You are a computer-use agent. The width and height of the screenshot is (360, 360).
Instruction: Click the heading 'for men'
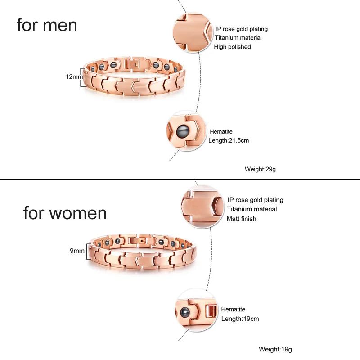click(x=47, y=25)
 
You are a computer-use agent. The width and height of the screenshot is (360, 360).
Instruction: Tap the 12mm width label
click(x=74, y=76)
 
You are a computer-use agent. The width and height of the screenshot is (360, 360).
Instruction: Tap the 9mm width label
click(x=77, y=251)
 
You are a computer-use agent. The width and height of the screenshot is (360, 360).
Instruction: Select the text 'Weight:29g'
click(x=260, y=170)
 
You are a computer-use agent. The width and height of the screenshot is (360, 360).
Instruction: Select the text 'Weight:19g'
click(x=275, y=349)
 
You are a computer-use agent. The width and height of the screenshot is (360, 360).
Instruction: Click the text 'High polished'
click(x=232, y=47)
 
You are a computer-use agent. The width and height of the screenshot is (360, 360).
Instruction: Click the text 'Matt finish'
click(x=241, y=219)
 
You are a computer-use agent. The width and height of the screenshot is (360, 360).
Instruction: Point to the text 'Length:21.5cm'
click(x=229, y=140)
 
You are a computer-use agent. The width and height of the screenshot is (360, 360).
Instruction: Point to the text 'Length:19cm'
click(x=240, y=319)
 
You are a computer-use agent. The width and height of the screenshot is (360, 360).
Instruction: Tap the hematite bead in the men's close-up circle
click(x=183, y=132)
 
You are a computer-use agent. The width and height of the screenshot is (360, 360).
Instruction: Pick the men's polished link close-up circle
click(x=193, y=32)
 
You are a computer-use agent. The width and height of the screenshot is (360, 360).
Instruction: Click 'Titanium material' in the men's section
click(x=238, y=38)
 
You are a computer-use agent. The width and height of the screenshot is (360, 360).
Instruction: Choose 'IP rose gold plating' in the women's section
click(x=255, y=200)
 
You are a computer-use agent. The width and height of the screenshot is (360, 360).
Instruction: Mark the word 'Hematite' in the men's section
click(x=221, y=131)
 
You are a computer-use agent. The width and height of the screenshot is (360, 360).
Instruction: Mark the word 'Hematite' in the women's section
click(x=233, y=309)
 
